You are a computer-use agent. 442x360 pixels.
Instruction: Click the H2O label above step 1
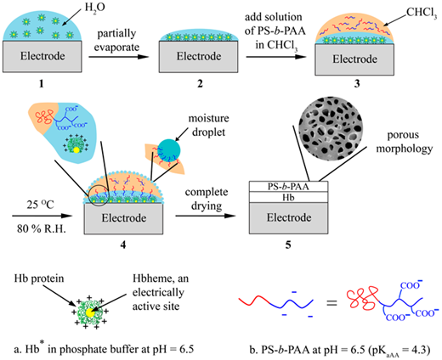point(95,8)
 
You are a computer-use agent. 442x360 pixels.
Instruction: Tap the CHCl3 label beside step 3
point(422,13)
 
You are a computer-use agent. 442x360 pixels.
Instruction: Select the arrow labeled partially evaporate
point(119,57)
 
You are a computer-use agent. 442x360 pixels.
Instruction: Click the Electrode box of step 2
point(198,57)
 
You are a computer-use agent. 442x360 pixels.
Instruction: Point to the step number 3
point(357,84)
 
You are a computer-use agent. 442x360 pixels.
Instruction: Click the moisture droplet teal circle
point(169,150)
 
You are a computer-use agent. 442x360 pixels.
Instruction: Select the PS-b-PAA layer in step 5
point(288,187)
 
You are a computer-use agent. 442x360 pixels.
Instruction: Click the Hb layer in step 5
point(288,197)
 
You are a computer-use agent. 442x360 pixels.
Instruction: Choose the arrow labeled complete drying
point(206,216)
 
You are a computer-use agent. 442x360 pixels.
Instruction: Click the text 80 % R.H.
point(42,228)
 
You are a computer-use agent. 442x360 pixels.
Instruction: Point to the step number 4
point(123,245)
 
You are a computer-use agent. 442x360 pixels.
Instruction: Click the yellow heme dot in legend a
point(89,312)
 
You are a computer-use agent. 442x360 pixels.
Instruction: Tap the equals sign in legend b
point(331,303)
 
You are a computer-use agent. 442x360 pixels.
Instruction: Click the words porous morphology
point(405,141)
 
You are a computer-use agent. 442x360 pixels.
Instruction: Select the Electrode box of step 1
point(42,56)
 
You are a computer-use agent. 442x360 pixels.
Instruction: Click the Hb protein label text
point(39,278)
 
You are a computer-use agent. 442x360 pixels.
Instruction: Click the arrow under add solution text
point(276,57)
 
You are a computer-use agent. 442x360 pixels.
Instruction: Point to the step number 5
point(288,245)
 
